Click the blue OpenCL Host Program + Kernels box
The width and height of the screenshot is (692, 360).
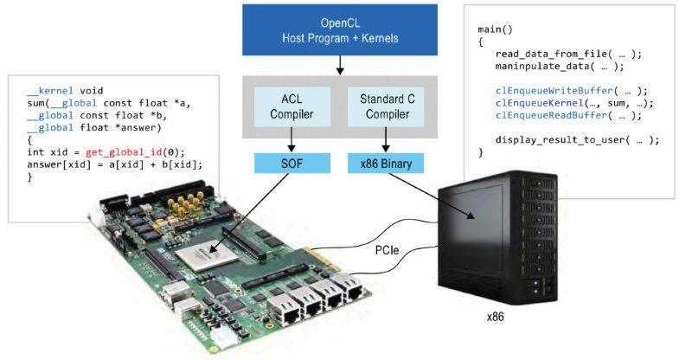(x=340, y=30)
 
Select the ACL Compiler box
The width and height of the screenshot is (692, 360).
(x=292, y=107)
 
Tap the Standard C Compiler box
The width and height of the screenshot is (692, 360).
(x=387, y=107)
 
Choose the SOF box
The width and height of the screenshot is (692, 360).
(x=292, y=164)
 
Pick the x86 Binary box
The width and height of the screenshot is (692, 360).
(x=386, y=164)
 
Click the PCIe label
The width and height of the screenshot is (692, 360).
(x=387, y=250)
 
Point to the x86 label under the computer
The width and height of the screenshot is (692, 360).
(x=495, y=317)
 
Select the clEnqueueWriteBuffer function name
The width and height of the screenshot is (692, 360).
(x=554, y=91)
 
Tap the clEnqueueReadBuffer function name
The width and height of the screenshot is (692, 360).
(x=552, y=115)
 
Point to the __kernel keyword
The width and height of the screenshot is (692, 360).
(x=50, y=91)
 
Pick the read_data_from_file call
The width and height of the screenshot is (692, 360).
(x=568, y=54)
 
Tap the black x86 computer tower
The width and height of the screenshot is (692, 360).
(x=498, y=239)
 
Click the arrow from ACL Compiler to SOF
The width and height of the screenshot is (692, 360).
(x=292, y=139)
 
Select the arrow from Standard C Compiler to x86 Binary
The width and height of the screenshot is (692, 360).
(x=386, y=139)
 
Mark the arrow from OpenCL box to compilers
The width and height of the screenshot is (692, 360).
(x=340, y=66)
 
